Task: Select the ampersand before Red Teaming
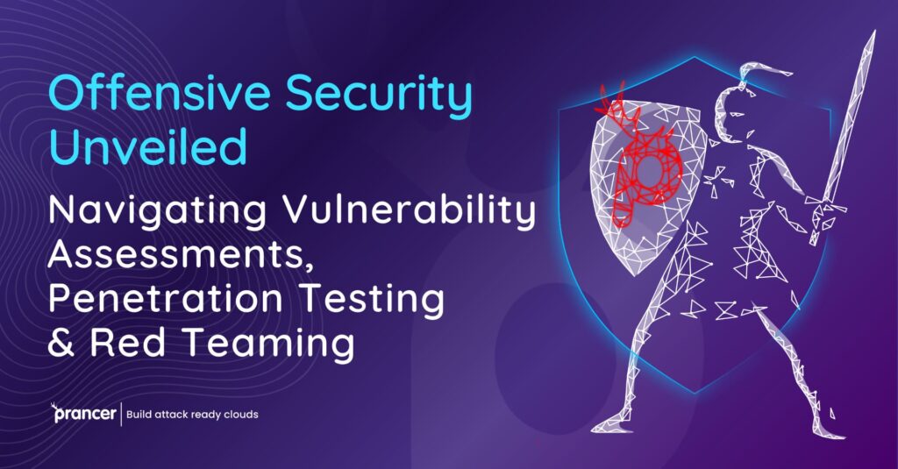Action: tap(61, 343)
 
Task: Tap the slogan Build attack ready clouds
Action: tap(193, 414)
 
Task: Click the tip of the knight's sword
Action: tap(873, 34)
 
